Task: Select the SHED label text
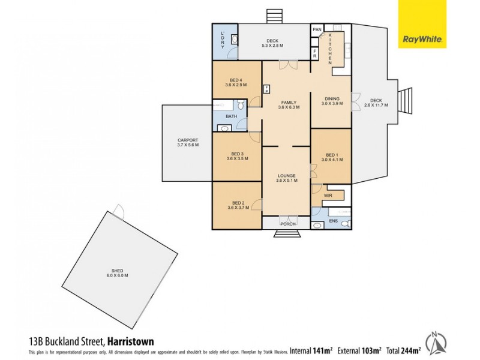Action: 118,271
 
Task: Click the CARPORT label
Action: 187,140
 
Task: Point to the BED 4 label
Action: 236,80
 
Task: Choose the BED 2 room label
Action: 238,203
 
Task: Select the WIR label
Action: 328,196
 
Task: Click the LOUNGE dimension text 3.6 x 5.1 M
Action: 287,181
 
